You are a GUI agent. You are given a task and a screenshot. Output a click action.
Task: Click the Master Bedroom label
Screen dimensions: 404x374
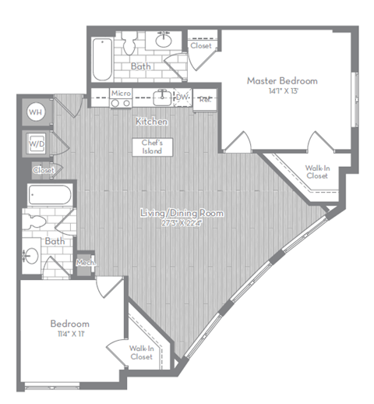coord(282,80)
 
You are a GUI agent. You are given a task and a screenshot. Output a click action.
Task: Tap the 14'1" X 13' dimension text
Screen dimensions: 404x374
coord(282,91)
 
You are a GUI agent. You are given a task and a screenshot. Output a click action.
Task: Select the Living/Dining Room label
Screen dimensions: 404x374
coord(182,213)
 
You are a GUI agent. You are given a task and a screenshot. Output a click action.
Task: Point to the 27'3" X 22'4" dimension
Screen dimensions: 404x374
coord(182,224)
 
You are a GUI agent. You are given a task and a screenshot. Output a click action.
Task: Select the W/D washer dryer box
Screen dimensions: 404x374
coord(36,144)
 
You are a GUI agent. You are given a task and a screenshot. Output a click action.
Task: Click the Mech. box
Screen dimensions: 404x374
coord(85,264)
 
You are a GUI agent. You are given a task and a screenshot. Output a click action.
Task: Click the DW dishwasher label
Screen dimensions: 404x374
coord(183,97)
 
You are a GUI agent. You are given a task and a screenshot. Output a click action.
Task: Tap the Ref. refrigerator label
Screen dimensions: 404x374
coord(205,99)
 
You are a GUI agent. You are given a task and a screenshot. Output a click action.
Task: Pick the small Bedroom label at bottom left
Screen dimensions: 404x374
coord(69,324)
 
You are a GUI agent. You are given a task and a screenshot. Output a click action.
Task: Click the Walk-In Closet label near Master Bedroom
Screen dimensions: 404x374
coord(316,172)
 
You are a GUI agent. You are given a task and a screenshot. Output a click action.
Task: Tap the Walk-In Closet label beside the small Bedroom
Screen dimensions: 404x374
coord(141,353)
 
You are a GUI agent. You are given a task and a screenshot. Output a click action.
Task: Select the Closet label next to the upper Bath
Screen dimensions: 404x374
coord(201,46)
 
